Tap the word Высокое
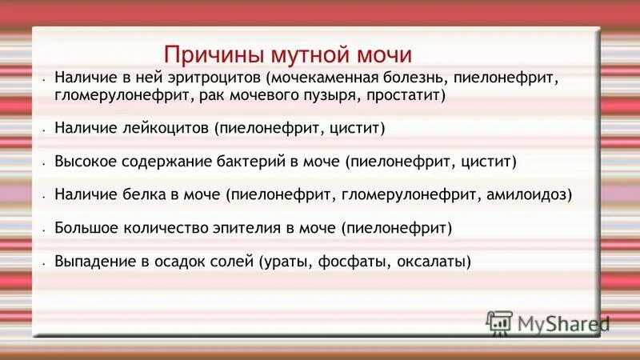pos(84,161)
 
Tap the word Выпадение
pos(91,261)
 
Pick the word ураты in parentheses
pos(285,261)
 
